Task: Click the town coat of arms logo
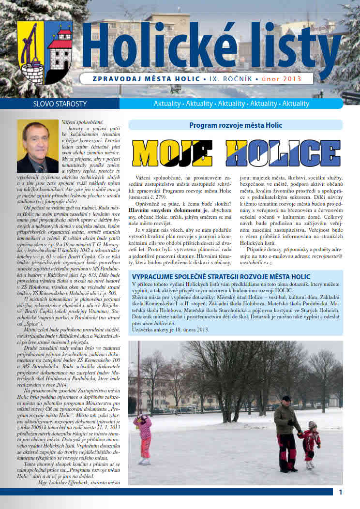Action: tap(45, 52)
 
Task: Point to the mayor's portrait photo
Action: tap(37, 147)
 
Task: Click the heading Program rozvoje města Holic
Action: tap(235, 125)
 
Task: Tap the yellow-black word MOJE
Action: tap(172, 153)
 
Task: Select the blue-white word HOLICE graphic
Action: tap(283, 153)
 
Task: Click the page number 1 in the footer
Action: tap(341, 492)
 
